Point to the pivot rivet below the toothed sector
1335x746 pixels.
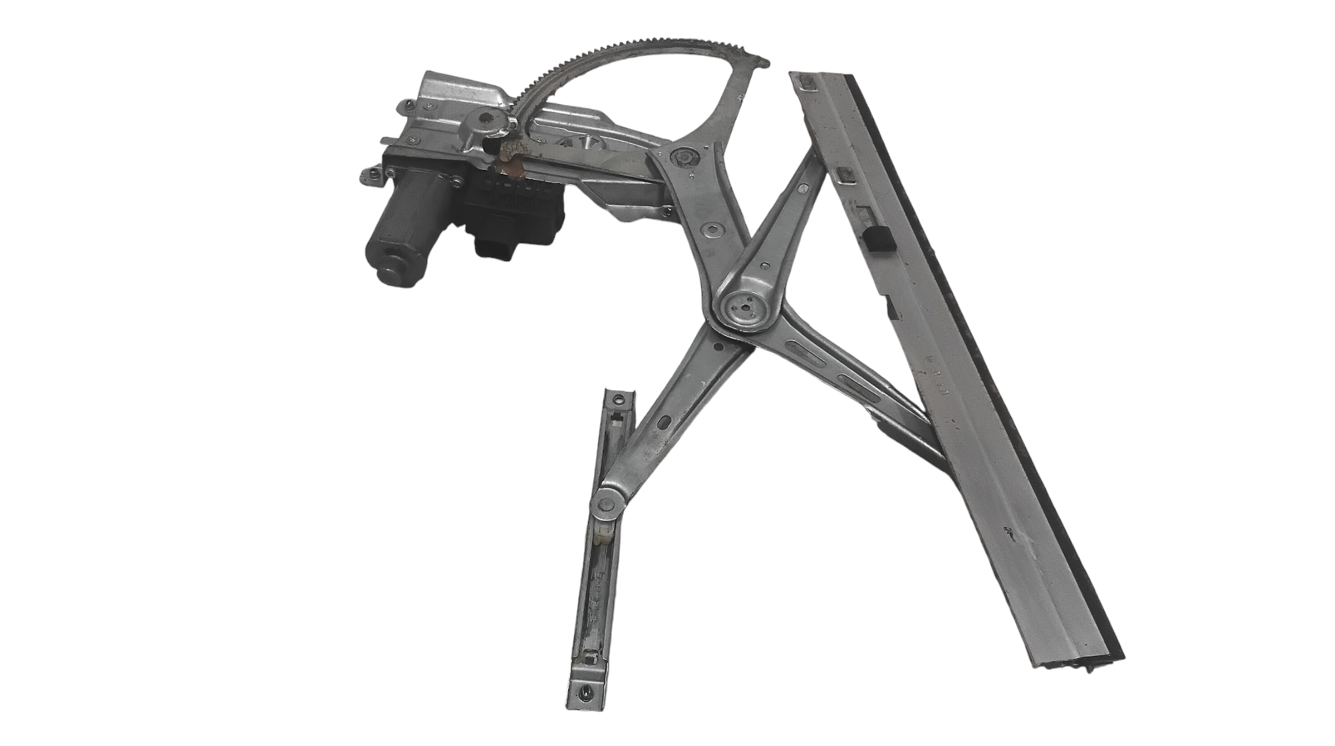coord(684,158)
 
